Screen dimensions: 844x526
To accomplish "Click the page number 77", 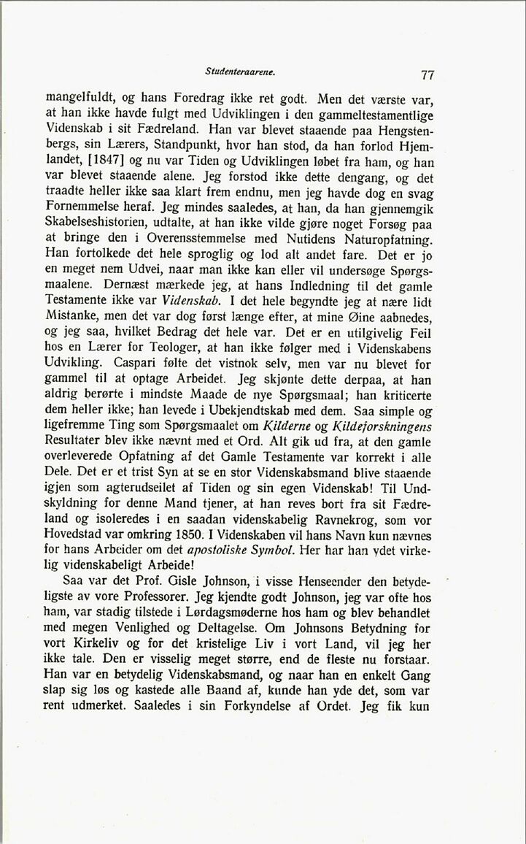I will point(428,74).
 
